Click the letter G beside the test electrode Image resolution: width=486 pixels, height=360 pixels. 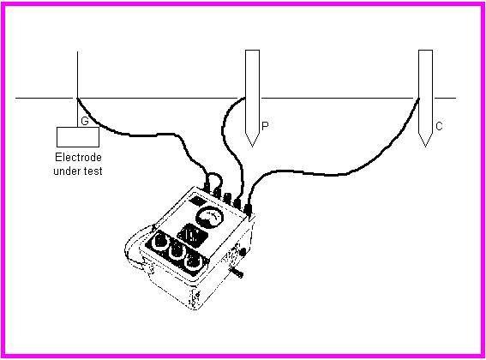click(x=85, y=121)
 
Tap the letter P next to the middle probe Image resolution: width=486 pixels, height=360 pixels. click(x=265, y=126)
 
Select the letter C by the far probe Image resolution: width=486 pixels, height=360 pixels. click(x=439, y=126)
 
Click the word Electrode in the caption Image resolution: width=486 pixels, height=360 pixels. click(x=78, y=157)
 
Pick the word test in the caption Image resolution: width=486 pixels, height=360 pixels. click(x=93, y=171)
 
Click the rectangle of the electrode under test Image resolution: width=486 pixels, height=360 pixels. click(x=78, y=137)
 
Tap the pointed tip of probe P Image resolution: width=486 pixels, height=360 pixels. click(x=252, y=146)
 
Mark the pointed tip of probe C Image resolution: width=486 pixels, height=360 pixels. click(x=425, y=146)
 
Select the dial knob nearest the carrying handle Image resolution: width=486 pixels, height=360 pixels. click(x=161, y=240)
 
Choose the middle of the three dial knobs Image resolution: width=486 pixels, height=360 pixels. click(x=177, y=250)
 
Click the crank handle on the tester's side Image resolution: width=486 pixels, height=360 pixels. click(x=237, y=273)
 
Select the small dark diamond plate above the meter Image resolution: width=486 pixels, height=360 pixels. click(x=196, y=201)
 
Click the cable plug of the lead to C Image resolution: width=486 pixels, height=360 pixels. click(x=248, y=209)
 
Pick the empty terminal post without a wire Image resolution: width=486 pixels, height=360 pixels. click(x=227, y=198)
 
